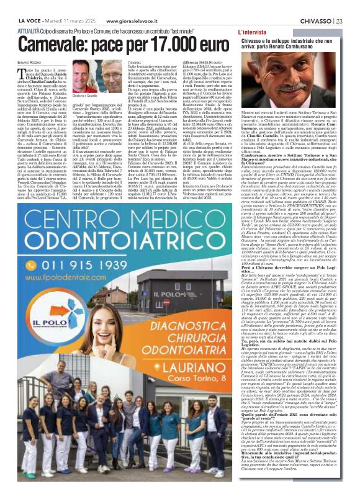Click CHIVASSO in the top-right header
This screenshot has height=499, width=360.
[315, 4]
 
